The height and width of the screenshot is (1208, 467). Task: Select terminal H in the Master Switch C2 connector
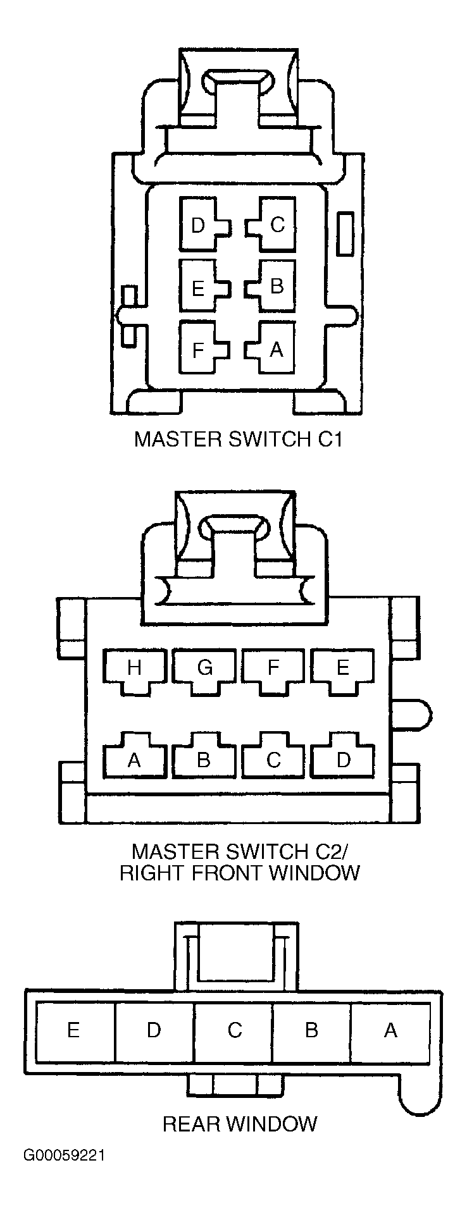point(134,671)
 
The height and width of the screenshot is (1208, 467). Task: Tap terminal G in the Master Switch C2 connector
point(204,671)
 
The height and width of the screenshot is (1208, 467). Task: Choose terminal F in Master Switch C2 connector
point(273,671)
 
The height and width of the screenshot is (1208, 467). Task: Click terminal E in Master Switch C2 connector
point(342,671)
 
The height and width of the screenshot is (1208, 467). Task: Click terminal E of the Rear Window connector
point(75,1032)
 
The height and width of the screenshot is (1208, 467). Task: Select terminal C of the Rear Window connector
point(233,1032)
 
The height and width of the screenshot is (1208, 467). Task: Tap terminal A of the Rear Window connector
point(390,1032)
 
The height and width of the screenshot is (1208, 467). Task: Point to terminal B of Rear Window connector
point(312,1032)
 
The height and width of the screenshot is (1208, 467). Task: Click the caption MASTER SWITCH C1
point(238,439)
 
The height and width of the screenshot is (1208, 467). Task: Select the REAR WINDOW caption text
point(240,1123)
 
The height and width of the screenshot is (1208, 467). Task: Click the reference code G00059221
point(65,1156)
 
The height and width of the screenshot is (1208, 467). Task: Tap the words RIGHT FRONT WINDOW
point(240,873)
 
